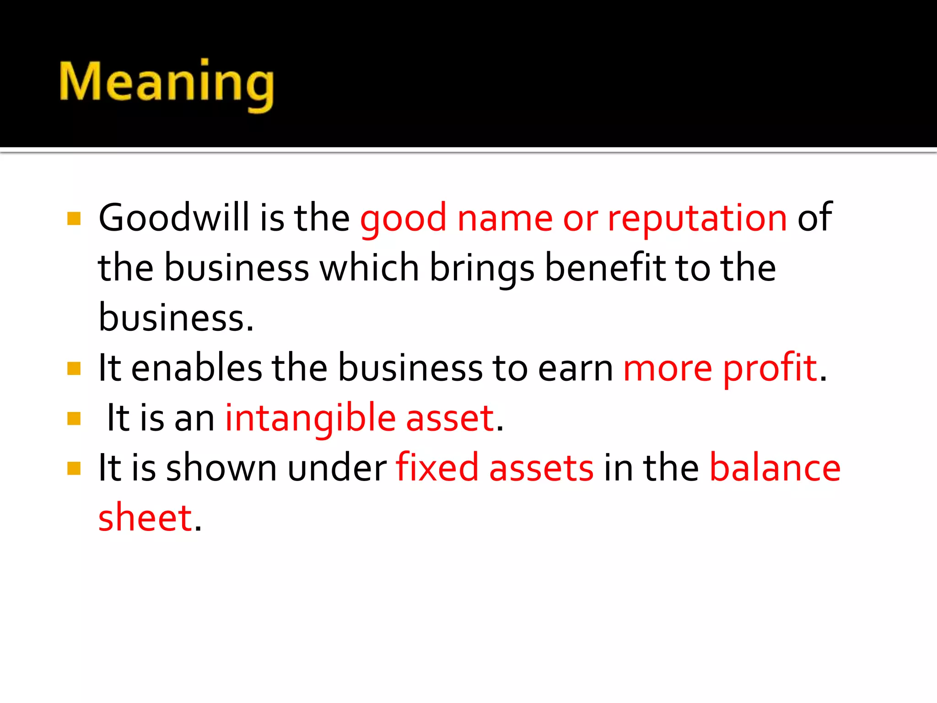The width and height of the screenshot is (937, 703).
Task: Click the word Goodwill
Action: [x=174, y=217]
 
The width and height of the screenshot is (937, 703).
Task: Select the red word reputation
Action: [x=697, y=218]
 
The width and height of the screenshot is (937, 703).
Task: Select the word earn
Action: [x=575, y=368]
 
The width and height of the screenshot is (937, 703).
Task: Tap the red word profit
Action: [x=770, y=368]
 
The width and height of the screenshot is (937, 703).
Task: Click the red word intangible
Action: [x=310, y=418]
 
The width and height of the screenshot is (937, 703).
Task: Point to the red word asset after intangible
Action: [x=450, y=418]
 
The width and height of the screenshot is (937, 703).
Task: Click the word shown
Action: [x=221, y=468]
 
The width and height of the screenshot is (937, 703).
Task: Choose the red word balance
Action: [x=775, y=468]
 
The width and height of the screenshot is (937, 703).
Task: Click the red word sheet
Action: [x=145, y=518]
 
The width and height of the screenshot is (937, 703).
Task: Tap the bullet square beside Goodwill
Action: [x=74, y=218]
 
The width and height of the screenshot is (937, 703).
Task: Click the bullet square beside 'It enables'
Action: [x=74, y=368]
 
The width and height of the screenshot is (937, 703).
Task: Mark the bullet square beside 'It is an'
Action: [x=74, y=418]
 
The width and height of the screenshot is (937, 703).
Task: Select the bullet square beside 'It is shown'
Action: [x=74, y=468]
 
